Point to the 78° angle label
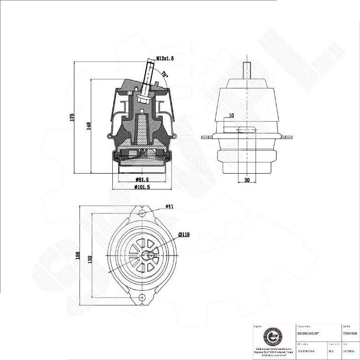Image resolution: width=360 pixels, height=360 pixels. pyautogui.click(x=165, y=74)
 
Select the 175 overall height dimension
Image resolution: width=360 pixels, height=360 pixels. pyautogui.click(x=72, y=118)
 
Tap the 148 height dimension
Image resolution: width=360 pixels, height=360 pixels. pyautogui.click(x=88, y=126)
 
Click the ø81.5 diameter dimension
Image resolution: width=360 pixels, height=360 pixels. pyautogui.click(x=141, y=179)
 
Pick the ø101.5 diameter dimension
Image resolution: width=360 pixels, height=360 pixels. pyautogui.click(x=142, y=187)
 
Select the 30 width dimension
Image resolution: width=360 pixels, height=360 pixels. pyautogui.click(x=247, y=180)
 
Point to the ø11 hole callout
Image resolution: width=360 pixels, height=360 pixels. pyautogui.click(x=169, y=207)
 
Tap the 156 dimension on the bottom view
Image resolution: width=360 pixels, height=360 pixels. pyautogui.click(x=78, y=255)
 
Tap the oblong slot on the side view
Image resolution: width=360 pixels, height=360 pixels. pyautogui.click(x=247, y=130)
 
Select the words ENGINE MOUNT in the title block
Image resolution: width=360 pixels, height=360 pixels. pyautogui.click(x=306, y=333)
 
